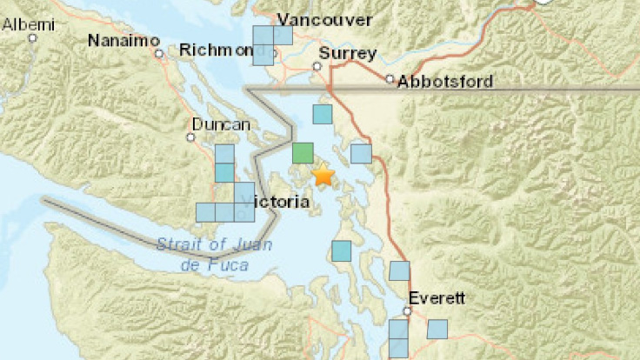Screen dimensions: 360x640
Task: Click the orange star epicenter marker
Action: (x=323, y=176)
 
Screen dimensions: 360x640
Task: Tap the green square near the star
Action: (x=303, y=153)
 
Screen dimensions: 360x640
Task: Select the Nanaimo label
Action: (x=123, y=41)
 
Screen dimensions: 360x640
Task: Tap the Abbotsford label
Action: (x=445, y=83)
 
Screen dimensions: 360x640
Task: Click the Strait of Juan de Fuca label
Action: (x=214, y=254)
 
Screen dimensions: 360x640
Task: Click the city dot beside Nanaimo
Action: (x=160, y=53)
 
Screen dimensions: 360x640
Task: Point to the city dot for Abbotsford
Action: (x=390, y=79)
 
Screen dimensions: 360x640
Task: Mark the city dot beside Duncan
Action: (x=191, y=137)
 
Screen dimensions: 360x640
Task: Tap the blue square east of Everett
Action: (x=437, y=329)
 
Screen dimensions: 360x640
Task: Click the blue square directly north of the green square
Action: (x=323, y=114)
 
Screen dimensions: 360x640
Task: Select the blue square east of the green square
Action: (x=361, y=154)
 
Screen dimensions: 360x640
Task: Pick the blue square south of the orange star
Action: (x=342, y=250)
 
